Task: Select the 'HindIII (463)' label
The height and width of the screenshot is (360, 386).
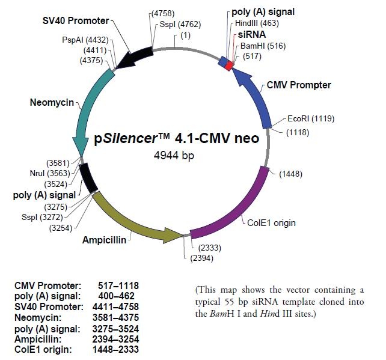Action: [254, 22]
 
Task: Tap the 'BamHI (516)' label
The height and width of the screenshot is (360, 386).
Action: [260, 45]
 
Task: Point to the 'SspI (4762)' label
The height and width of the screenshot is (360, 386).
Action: [180, 25]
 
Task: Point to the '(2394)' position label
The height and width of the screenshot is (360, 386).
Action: [201, 258]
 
